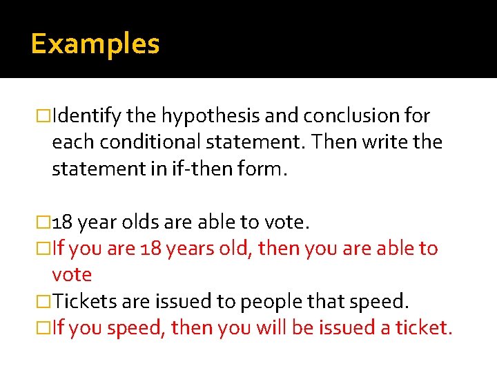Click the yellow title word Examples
click(x=95, y=44)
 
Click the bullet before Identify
click(x=45, y=116)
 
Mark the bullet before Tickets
click(x=45, y=302)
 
